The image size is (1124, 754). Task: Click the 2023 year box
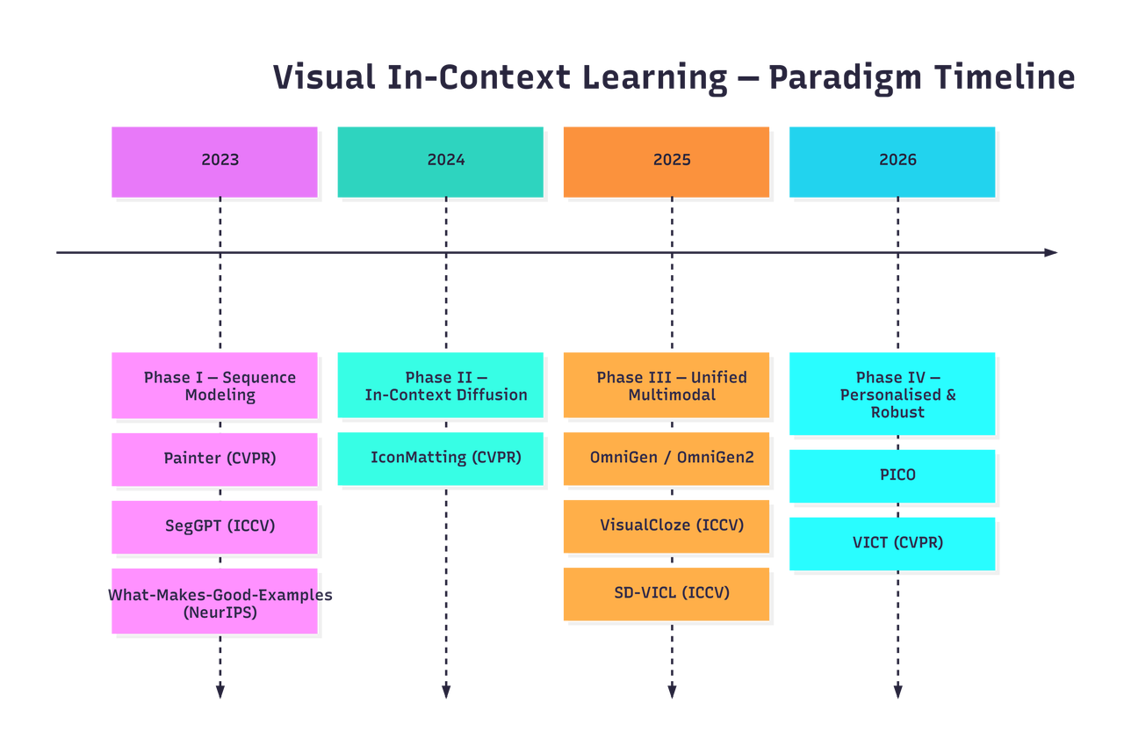click(x=214, y=162)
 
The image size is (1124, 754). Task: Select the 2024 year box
click(x=440, y=162)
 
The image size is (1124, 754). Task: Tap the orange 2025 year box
click(x=666, y=162)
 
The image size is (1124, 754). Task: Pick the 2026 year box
click(x=892, y=162)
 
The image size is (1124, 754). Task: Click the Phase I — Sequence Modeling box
click(x=214, y=385)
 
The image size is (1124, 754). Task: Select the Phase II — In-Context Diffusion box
click(x=440, y=385)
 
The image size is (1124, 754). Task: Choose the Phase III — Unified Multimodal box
click(x=666, y=385)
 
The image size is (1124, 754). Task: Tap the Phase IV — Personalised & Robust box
click(x=892, y=394)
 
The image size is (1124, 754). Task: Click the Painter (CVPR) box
click(x=214, y=460)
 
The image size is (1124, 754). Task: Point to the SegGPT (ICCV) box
click(x=214, y=527)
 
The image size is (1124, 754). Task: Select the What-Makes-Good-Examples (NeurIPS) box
click(x=214, y=601)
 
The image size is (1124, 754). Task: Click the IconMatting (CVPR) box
click(x=440, y=459)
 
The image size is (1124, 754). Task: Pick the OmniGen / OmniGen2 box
click(x=666, y=459)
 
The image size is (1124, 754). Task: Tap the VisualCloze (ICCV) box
click(x=666, y=526)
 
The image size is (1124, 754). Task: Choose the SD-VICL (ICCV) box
click(x=666, y=594)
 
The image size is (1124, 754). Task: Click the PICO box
click(x=892, y=476)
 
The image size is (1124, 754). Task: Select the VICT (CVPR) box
click(x=892, y=544)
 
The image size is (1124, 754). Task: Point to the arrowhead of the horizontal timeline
click(x=1051, y=252)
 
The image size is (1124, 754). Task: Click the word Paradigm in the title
click(x=845, y=79)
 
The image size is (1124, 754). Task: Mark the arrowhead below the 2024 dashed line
click(x=446, y=692)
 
